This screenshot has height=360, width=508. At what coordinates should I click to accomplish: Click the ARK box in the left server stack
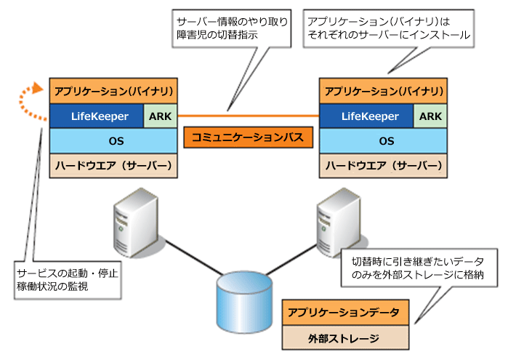pyautogui.click(x=161, y=116)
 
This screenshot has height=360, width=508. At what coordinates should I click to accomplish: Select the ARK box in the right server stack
pyautogui.click(x=430, y=116)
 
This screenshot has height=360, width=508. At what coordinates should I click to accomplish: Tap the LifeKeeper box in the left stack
pyautogui.click(x=97, y=116)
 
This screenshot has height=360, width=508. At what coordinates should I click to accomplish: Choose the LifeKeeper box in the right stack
pyautogui.click(x=366, y=116)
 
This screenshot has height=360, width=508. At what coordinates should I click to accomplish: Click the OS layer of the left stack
pyautogui.click(x=113, y=141)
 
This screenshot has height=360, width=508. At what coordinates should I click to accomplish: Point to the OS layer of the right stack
pyautogui.click(x=383, y=141)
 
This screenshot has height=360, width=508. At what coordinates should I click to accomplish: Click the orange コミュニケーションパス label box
pyautogui.click(x=248, y=137)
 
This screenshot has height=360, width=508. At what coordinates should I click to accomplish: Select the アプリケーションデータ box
pyautogui.click(x=345, y=312)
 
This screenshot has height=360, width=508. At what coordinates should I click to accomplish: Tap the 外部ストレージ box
pyautogui.click(x=345, y=337)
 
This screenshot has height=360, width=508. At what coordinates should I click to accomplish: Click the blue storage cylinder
pyautogui.click(x=244, y=303)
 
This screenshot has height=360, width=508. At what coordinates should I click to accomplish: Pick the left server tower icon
pyautogui.click(x=136, y=223)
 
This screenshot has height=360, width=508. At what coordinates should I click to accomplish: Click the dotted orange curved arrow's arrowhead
pyautogui.click(x=38, y=88)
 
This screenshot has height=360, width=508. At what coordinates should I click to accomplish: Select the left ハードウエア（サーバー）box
pyautogui.click(x=113, y=166)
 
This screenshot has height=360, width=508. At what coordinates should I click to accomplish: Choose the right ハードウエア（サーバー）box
pyautogui.click(x=383, y=166)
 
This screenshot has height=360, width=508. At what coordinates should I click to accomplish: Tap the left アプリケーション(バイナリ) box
pyautogui.click(x=113, y=91)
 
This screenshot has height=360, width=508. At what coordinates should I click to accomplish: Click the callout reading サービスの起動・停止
pyautogui.click(x=68, y=280)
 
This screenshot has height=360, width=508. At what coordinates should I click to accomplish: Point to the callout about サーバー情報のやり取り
pyautogui.click(x=232, y=28)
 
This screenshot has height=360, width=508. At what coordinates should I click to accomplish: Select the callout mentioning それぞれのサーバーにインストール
pyautogui.click(x=389, y=28)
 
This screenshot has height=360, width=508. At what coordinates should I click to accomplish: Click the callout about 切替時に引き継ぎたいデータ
pyautogui.click(x=419, y=268)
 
